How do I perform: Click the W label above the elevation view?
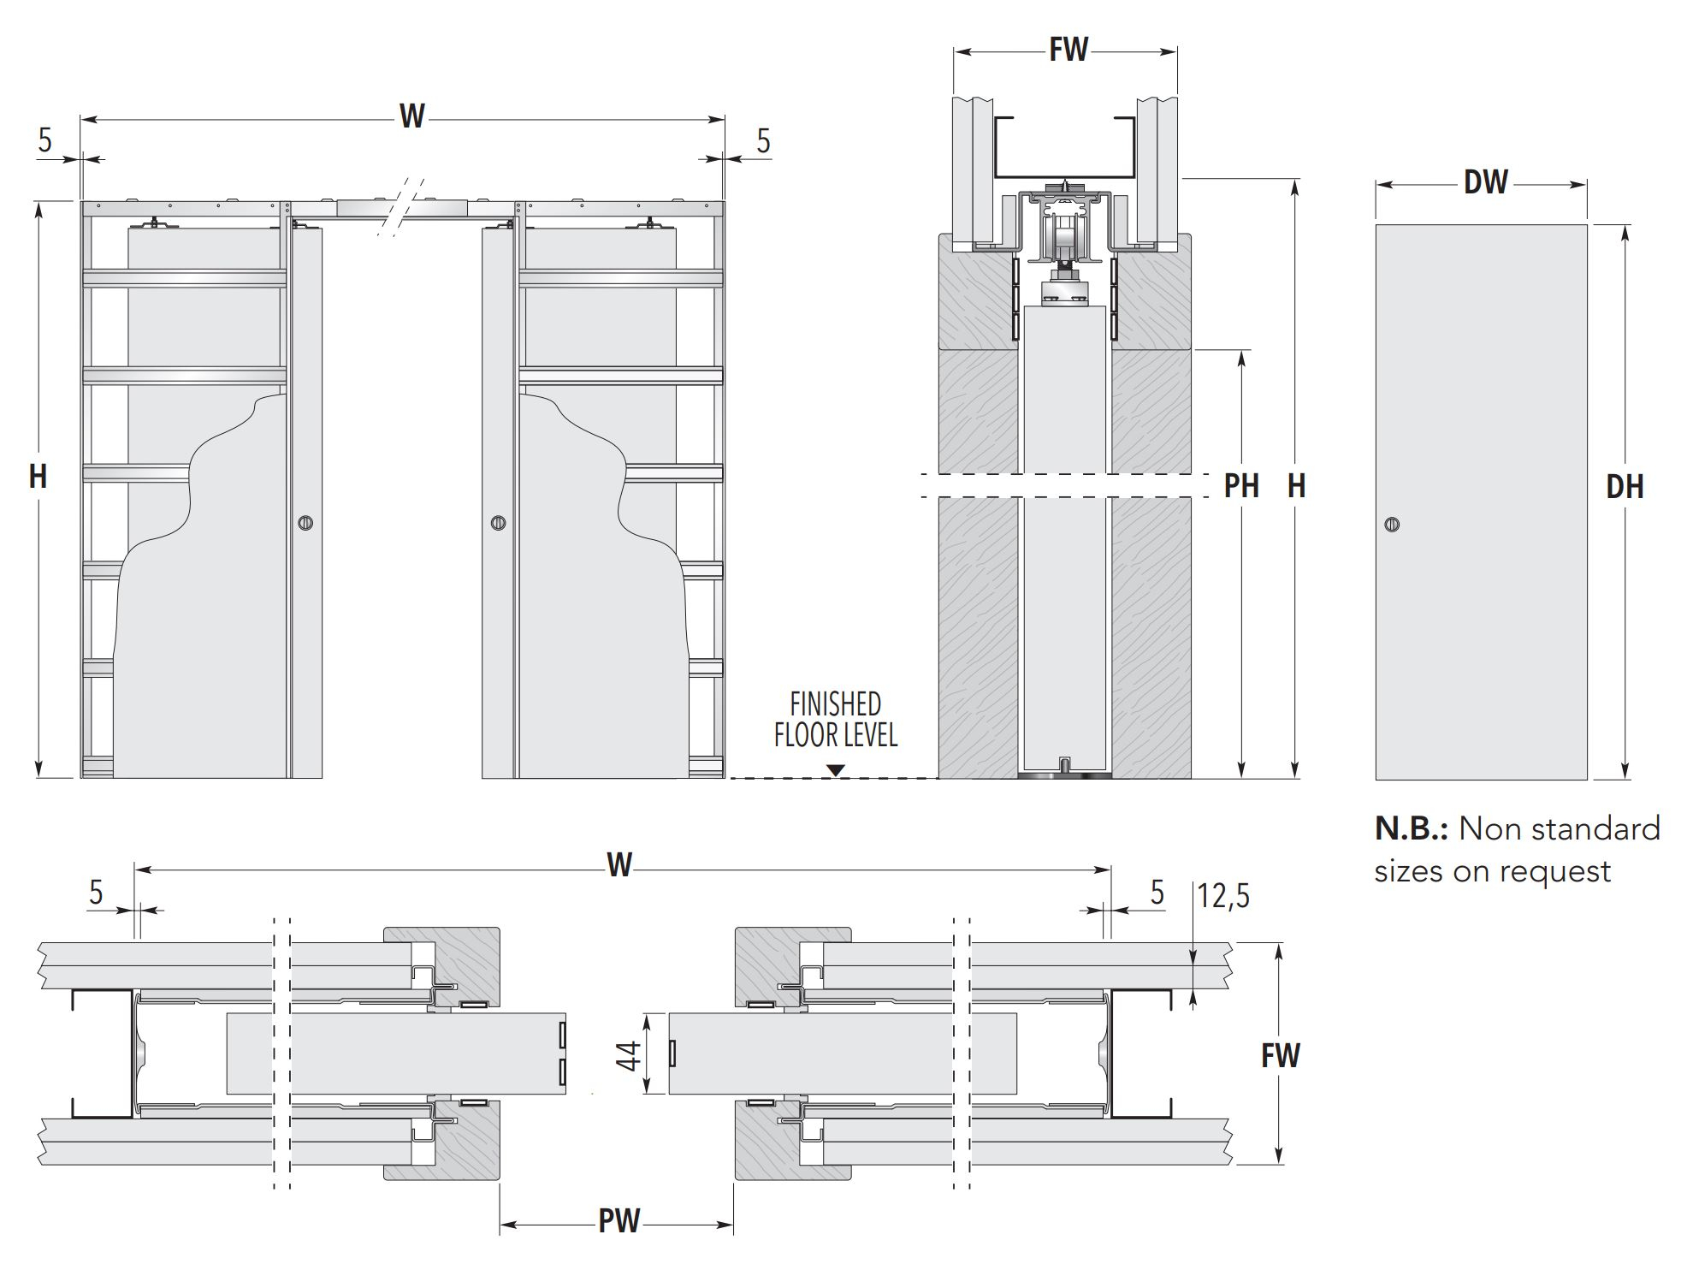[x=411, y=116]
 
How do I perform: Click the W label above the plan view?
[x=619, y=865]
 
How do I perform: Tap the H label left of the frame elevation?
[x=38, y=477]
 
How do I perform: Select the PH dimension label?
[x=1241, y=487]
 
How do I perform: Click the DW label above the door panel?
[x=1485, y=182]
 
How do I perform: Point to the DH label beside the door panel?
[x=1625, y=488]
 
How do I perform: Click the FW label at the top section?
[x=1068, y=50]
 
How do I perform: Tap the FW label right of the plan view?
[x=1280, y=1056]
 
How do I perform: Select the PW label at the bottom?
[x=619, y=1221]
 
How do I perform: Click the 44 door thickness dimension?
[x=629, y=1056]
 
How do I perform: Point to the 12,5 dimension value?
[x=1223, y=896]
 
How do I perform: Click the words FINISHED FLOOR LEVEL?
[x=835, y=720]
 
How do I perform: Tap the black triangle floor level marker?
[x=836, y=770]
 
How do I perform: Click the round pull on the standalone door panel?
[x=1392, y=525]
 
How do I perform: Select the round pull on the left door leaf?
[x=305, y=523]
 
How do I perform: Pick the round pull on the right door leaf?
[x=499, y=523]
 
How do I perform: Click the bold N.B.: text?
[x=1411, y=829]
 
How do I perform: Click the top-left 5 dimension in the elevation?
[x=45, y=139]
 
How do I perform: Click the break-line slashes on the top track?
[x=402, y=205]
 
